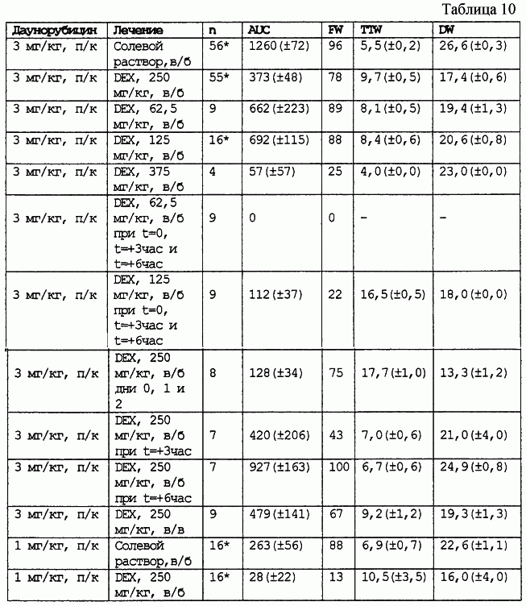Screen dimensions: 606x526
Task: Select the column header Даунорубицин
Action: [55, 29]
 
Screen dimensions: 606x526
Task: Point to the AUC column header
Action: [259, 29]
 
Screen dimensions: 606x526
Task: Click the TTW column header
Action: [371, 29]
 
